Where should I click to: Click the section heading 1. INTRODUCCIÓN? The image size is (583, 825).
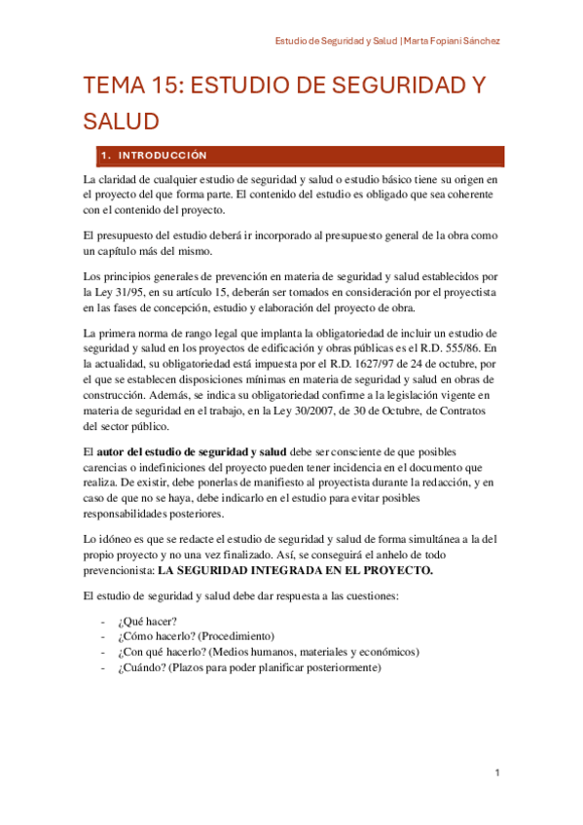pos(155,156)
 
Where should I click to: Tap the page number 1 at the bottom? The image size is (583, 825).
pos(496,772)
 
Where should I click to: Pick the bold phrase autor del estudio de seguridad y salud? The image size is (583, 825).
pos(192,452)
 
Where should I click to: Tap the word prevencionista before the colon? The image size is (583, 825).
pos(120,570)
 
